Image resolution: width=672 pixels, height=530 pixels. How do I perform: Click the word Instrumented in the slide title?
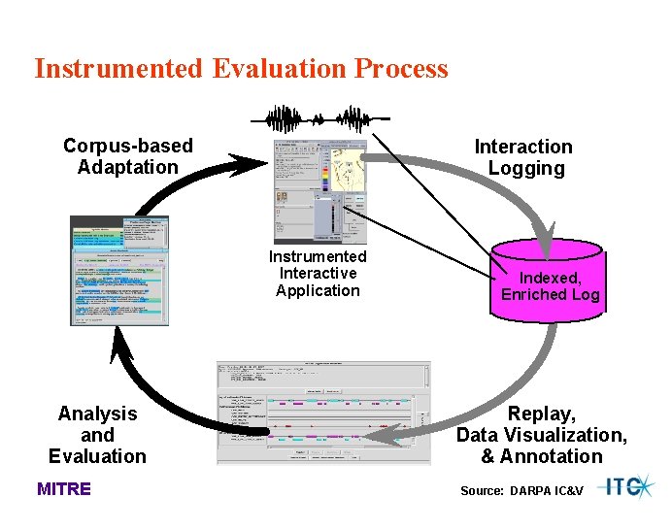(118, 69)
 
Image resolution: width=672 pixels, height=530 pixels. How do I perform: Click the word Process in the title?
(401, 69)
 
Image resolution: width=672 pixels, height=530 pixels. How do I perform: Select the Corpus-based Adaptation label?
(128, 156)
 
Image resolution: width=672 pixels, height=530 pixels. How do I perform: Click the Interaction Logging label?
(524, 157)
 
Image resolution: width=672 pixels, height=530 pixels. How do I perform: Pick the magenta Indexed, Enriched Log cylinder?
(550, 284)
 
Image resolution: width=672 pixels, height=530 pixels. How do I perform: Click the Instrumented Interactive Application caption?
(318, 274)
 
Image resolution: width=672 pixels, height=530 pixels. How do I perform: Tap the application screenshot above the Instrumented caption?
(320, 191)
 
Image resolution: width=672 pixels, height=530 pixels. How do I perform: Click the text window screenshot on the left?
(119, 270)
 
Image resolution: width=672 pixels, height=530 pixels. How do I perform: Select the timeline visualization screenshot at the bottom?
(322, 412)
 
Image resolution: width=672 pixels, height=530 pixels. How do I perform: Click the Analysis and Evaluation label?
(97, 435)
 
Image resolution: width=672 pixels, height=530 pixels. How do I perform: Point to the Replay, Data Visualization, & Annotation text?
(542, 435)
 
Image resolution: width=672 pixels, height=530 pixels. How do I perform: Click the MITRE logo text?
(64, 489)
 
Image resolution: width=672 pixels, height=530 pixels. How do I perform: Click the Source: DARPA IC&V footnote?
(521, 491)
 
